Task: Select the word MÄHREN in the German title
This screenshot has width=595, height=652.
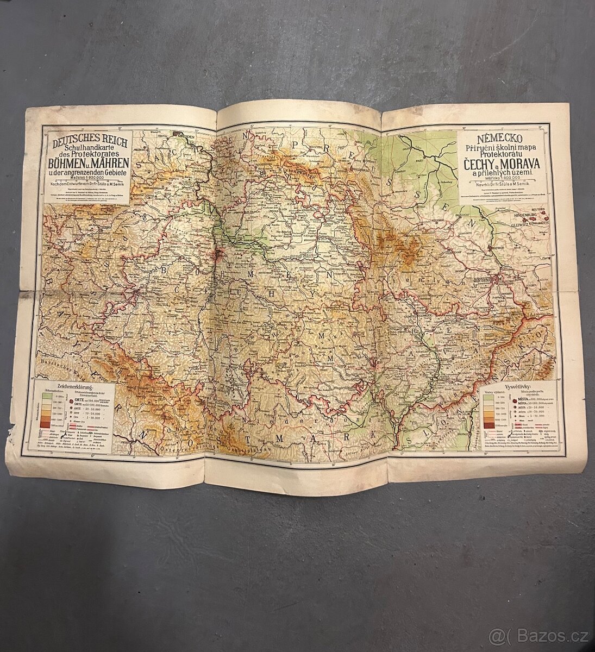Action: [109, 163]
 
